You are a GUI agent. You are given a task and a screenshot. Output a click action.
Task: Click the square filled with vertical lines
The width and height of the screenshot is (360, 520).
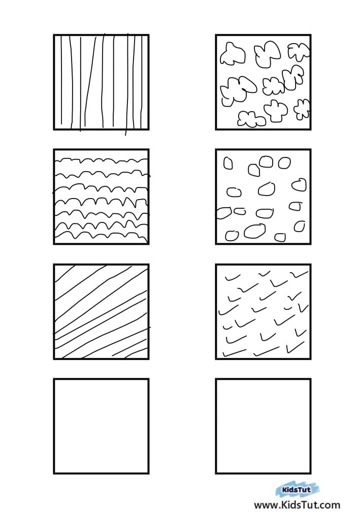point(101,82)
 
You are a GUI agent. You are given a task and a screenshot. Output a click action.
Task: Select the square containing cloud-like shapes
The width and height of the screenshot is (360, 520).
point(263,82)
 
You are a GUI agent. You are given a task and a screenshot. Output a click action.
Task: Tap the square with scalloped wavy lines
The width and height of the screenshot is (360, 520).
point(101,197)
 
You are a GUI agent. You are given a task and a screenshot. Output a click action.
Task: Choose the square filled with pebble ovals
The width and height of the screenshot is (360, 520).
point(263,197)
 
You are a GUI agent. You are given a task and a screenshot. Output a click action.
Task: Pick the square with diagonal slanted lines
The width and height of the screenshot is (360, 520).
point(101,312)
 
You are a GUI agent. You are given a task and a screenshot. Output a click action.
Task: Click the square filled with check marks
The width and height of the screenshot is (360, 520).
point(263,312)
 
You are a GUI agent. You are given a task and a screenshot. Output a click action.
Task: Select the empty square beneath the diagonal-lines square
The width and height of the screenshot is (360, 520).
point(101,426)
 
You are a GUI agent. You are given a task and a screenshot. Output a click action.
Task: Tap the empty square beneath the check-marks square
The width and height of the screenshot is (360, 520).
point(263,426)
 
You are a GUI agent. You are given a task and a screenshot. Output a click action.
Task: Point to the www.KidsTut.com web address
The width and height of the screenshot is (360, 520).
point(297,505)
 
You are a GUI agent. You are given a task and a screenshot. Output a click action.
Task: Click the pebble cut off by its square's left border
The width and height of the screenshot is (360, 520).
point(223,213)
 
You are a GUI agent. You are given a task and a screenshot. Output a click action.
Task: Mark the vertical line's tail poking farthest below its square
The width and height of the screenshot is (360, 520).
point(125,133)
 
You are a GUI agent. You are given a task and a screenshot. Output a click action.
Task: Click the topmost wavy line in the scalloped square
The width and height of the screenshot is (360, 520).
point(101,161)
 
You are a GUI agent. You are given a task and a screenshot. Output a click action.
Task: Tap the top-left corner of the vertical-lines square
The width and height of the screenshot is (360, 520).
point(54,35)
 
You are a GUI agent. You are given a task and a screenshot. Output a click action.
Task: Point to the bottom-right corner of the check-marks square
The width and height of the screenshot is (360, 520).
point(311,359)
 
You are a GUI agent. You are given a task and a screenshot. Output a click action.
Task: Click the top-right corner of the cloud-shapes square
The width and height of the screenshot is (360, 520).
point(311,35)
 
